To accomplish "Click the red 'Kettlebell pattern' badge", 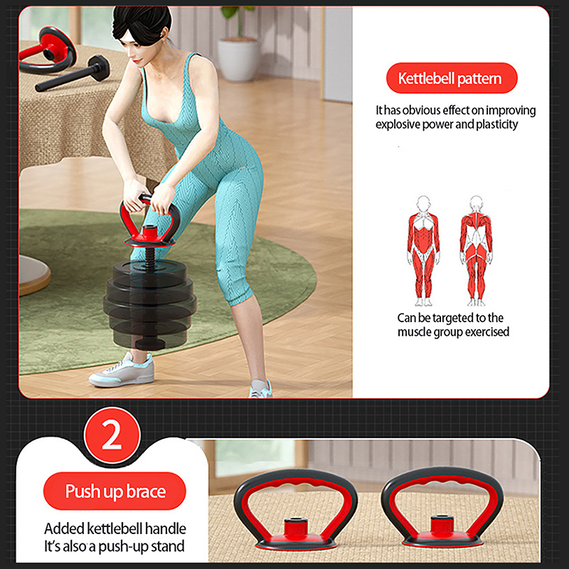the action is pyautogui.click(x=452, y=78).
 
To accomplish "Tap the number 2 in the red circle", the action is pyautogui.click(x=112, y=435).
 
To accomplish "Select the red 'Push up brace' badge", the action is pyautogui.click(x=115, y=491).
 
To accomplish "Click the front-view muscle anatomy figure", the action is pyautogui.click(x=423, y=251).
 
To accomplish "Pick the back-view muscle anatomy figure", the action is pyautogui.click(x=476, y=251).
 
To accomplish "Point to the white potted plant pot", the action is pyautogui.click(x=238, y=59).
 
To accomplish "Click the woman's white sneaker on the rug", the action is pyautogui.click(x=122, y=370).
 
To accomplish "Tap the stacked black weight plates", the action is pyautogui.click(x=150, y=303).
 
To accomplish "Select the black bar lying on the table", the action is pyautogui.click(x=73, y=74).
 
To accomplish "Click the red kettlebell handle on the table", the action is pyautogui.click(x=48, y=49).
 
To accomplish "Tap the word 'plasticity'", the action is pyautogui.click(x=496, y=124).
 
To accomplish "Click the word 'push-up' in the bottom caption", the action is pyautogui.click(x=126, y=546).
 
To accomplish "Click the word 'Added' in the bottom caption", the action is pyautogui.click(x=61, y=528).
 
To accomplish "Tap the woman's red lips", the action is pyautogui.click(x=137, y=60).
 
